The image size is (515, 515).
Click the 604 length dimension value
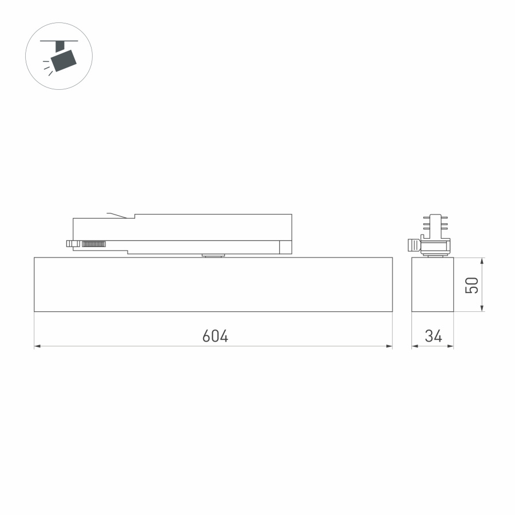(x=215, y=336)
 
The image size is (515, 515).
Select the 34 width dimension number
(x=433, y=336)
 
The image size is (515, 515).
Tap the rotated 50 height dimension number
(x=472, y=285)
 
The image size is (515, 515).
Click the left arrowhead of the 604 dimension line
(x=38, y=346)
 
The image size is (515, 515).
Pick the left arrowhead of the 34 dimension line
(x=415, y=346)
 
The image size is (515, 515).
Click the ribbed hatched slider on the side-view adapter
(x=94, y=244)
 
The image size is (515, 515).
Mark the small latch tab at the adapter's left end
(x=72, y=244)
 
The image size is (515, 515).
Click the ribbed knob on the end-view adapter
(x=412, y=245)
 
